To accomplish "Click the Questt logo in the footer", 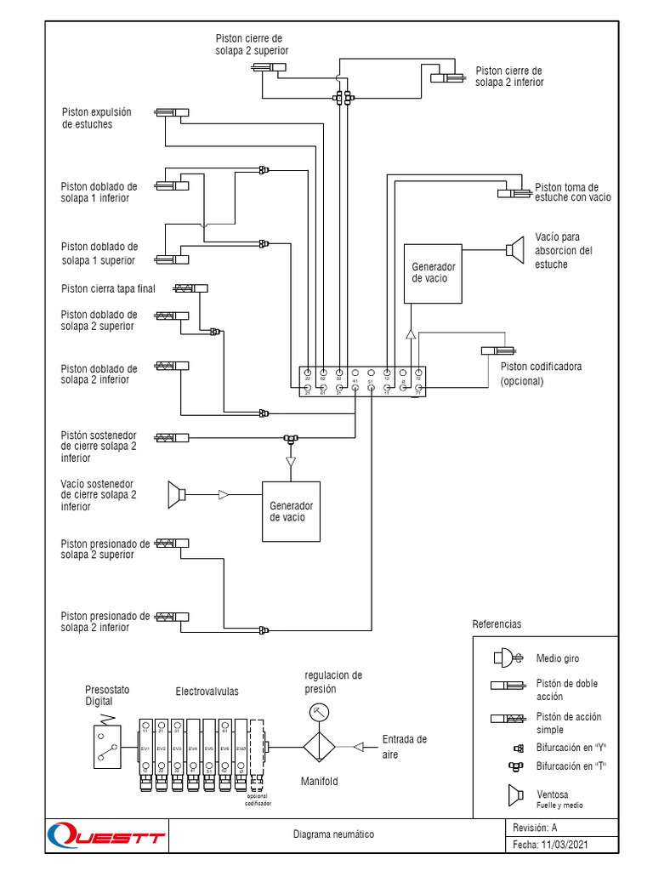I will coord(105,835).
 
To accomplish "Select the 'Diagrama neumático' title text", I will coord(332,834).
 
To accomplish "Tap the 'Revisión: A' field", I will coord(535,827).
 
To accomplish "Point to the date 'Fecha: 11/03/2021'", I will coord(550,845).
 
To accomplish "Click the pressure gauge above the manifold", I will coord(318,711).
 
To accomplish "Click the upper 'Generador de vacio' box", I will coord(433,273).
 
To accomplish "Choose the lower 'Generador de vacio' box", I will coord(291,511).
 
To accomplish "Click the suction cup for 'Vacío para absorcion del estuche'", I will coord(514,249).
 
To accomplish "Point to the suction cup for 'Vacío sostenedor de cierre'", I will coord(176,494).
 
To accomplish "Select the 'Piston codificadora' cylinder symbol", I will coord(497,350).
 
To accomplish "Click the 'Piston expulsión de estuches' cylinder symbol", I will coord(172,112).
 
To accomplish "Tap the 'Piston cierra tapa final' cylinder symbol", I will coord(190,288).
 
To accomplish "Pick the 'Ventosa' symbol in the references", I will coord(514,795).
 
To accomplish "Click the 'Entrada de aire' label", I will coord(404,746).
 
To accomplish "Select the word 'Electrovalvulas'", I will coord(207,692).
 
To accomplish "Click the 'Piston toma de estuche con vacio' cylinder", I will coord(515,194).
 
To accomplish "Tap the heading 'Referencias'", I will coord(496,623).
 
